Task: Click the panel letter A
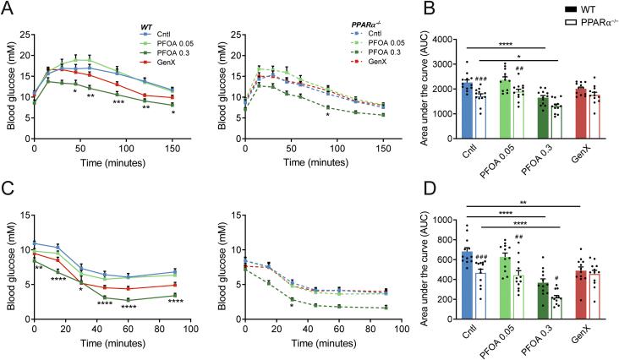coord(8,8)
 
